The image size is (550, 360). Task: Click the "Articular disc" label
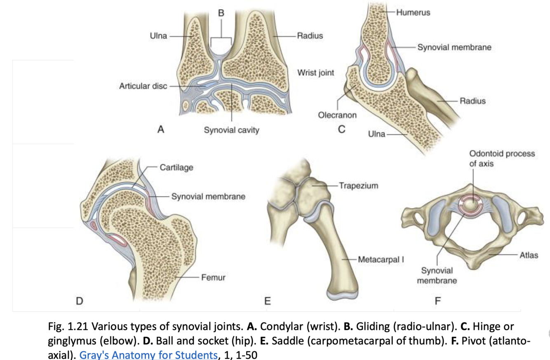click(143, 86)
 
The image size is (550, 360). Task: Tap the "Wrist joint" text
click(315, 73)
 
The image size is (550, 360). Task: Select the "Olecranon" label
click(337, 115)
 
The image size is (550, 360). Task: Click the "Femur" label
click(213, 278)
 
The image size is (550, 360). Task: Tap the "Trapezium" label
click(358, 186)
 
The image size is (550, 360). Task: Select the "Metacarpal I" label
click(380, 260)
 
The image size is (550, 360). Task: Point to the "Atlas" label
click(529, 255)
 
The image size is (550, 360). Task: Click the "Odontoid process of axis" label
click(502, 158)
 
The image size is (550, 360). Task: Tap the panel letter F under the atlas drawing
click(437, 301)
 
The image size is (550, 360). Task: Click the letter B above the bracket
click(221, 13)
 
